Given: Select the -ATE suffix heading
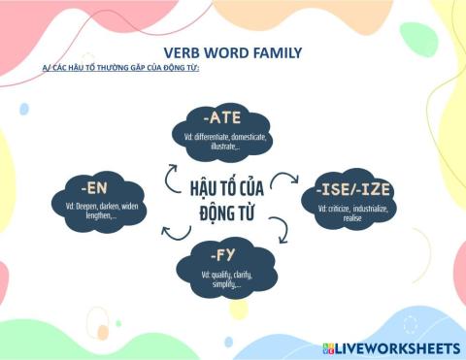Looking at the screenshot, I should (222, 119).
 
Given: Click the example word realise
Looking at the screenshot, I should (352, 218).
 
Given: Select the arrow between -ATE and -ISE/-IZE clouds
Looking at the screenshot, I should (285, 178).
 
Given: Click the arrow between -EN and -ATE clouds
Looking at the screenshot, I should (169, 175).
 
